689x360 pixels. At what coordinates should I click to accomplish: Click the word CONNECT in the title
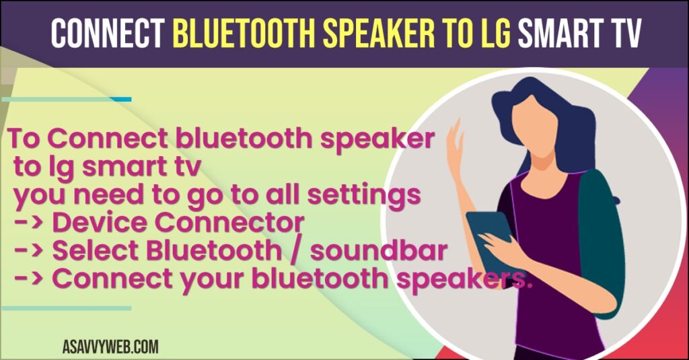point(108,33)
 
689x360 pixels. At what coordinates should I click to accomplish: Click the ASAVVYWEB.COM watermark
point(110,347)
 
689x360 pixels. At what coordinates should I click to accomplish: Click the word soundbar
point(378,250)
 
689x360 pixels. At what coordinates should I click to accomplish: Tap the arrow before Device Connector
point(28,223)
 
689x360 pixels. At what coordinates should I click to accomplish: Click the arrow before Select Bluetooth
point(28,251)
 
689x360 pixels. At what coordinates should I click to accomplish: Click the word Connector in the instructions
point(229,223)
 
